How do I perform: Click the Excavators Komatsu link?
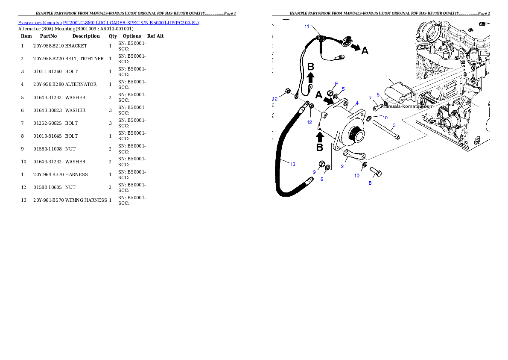pyautogui.click(x=40, y=23)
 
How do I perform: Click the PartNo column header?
pyautogui.click(x=48, y=36)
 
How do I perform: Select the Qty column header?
pyautogui.click(x=113, y=36)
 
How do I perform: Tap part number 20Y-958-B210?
pyautogui.click(x=49, y=46)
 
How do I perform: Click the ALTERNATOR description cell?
pyautogui.click(x=81, y=84)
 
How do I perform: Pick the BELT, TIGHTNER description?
pyautogui.click(x=84, y=59)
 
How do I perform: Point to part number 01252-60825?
pyautogui.click(x=47, y=124)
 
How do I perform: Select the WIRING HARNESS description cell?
pyautogui.click(x=86, y=200)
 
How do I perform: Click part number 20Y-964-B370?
pyautogui.click(x=49, y=174)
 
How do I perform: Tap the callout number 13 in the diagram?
pyautogui.click(x=293, y=164)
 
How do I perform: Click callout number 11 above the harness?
pyautogui.click(x=307, y=27)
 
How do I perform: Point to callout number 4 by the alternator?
pyautogui.click(x=357, y=103)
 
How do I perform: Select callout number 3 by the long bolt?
pyautogui.click(x=394, y=125)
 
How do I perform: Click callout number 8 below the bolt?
pyautogui.click(x=370, y=183)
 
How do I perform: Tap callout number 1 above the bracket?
pyautogui.click(x=386, y=77)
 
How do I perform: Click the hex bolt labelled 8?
pyautogui.click(x=376, y=172)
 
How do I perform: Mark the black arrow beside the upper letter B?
pyautogui.click(x=310, y=77)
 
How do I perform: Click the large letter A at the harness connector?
pyautogui.click(x=365, y=51)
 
